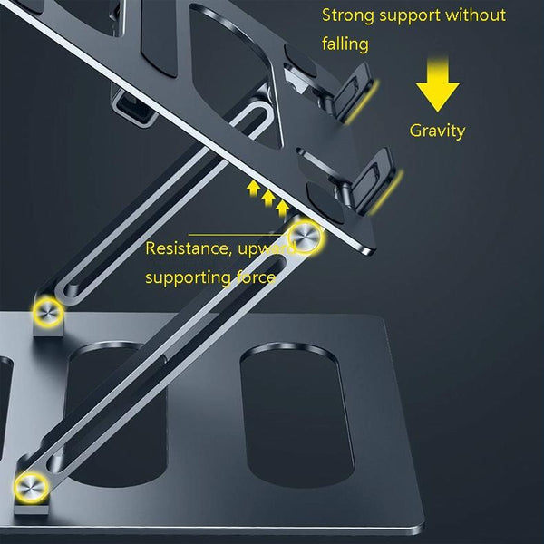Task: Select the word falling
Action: point(345,43)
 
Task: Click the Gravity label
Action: point(437,131)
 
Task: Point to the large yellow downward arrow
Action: point(438,89)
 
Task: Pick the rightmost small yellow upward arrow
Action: point(284,209)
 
